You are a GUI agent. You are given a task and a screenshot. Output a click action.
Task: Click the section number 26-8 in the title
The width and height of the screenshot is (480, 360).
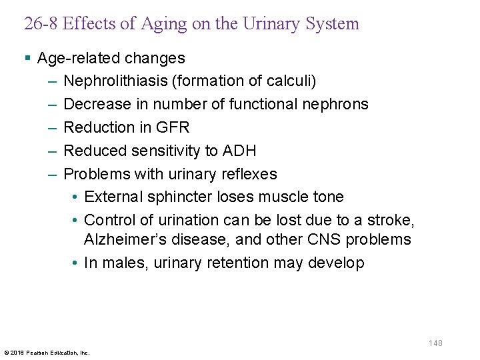pos(41,24)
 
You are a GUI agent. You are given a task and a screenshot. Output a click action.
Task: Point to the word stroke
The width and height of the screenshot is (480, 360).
pos(393,220)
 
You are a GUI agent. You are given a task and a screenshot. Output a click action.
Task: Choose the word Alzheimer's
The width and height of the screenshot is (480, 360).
pos(123,239)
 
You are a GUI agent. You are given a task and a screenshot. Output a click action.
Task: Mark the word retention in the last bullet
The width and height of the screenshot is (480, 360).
pos(231,263)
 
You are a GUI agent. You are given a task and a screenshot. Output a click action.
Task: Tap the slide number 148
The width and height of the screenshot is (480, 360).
pos(435,343)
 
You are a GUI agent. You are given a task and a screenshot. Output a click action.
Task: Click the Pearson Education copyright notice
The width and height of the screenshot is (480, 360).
pos(47,352)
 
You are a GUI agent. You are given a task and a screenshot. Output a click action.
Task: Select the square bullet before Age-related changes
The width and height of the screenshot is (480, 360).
pos(27,59)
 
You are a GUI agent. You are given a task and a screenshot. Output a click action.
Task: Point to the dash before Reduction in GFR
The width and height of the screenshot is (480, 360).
pos(53,127)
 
